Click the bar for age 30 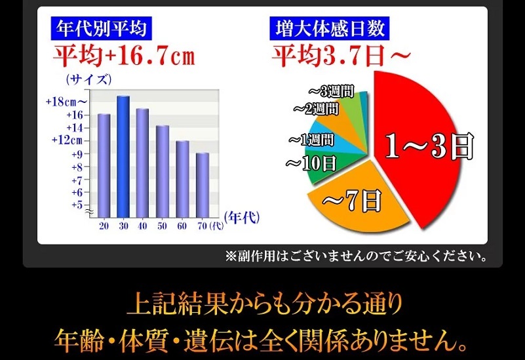tap(123, 157)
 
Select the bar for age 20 tap(104, 166)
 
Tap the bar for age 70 tap(203, 185)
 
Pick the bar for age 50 tap(163, 171)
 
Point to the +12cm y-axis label tap(67, 140)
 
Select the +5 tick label tap(77, 205)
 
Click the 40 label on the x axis tap(143, 226)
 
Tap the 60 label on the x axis tap(182, 226)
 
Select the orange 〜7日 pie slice tap(355, 201)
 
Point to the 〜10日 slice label tap(311, 164)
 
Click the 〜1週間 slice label tap(311, 140)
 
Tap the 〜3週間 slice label tap(332, 91)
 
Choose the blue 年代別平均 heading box tap(101, 28)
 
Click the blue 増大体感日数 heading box tap(330, 28)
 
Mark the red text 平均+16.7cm tap(125, 56)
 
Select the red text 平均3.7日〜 tap(341, 56)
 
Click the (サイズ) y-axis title tap(88, 80)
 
